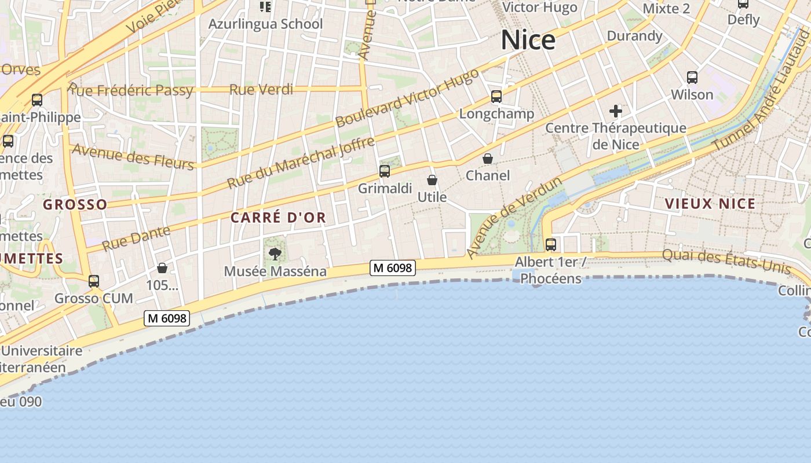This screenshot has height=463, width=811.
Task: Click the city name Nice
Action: (x=528, y=40)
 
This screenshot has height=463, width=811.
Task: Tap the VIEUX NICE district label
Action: (x=710, y=204)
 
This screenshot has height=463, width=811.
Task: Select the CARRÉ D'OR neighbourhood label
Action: (x=278, y=218)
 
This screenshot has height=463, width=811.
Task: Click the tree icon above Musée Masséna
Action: (x=275, y=253)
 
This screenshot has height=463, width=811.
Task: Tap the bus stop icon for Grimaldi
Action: (x=385, y=171)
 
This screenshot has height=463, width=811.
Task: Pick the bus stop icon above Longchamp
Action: (x=496, y=96)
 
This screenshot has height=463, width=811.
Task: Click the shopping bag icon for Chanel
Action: (x=488, y=159)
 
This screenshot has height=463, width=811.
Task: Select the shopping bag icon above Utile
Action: (x=432, y=180)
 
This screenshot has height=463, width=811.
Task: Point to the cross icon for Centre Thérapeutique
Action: (x=616, y=111)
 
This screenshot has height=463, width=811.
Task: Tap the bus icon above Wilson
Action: (x=692, y=77)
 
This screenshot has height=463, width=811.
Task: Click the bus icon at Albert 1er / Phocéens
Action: (x=550, y=244)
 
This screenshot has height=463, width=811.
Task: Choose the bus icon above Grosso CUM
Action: (x=93, y=281)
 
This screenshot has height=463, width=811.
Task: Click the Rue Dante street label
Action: (x=136, y=238)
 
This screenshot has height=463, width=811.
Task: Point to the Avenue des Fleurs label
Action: (x=133, y=157)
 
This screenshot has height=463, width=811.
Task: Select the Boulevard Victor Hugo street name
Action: (x=407, y=98)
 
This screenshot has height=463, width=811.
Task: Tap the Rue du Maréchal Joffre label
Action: (x=301, y=163)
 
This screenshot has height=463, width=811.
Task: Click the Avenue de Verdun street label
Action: (x=514, y=218)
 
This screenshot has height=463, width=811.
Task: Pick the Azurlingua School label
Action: (x=265, y=24)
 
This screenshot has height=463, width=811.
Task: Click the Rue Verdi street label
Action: (x=261, y=90)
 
